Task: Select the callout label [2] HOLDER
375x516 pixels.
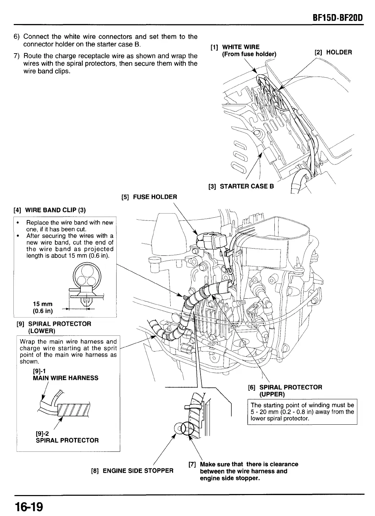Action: [x=333, y=53]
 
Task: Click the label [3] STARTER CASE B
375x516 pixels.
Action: [x=241, y=186]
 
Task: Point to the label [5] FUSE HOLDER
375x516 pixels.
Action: [x=149, y=197]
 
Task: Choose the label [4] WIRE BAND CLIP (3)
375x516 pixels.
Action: [x=49, y=210]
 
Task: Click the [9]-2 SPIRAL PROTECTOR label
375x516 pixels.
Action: [x=67, y=437]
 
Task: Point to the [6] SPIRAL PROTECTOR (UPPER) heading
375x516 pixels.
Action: [x=285, y=391]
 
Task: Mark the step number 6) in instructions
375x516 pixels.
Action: [x=17, y=37]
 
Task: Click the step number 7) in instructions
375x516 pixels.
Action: [x=17, y=56]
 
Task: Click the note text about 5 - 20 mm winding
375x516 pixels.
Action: [x=302, y=412]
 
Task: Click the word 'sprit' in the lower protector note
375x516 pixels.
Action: [x=109, y=348]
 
